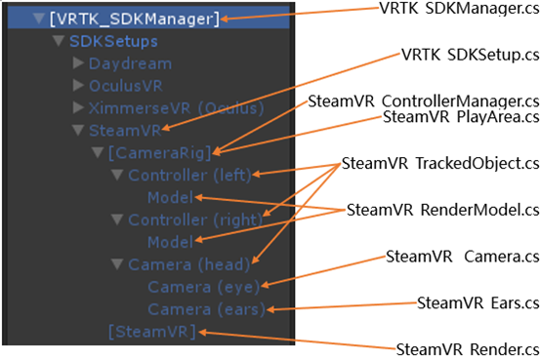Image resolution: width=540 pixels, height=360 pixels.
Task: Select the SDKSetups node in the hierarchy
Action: click(x=114, y=42)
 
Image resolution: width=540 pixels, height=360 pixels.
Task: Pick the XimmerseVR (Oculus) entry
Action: click(x=166, y=107)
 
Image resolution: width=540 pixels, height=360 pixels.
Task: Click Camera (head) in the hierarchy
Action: click(x=187, y=264)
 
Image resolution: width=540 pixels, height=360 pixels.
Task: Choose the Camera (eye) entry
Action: click(x=204, y=287)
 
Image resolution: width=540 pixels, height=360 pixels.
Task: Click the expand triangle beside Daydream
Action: click(x=79, y=63)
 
